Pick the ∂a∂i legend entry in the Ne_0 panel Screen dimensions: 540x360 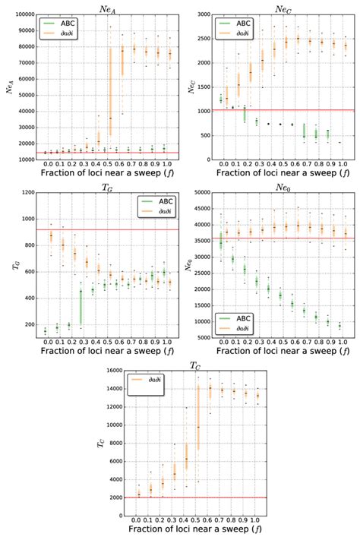(x=242, y=330)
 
